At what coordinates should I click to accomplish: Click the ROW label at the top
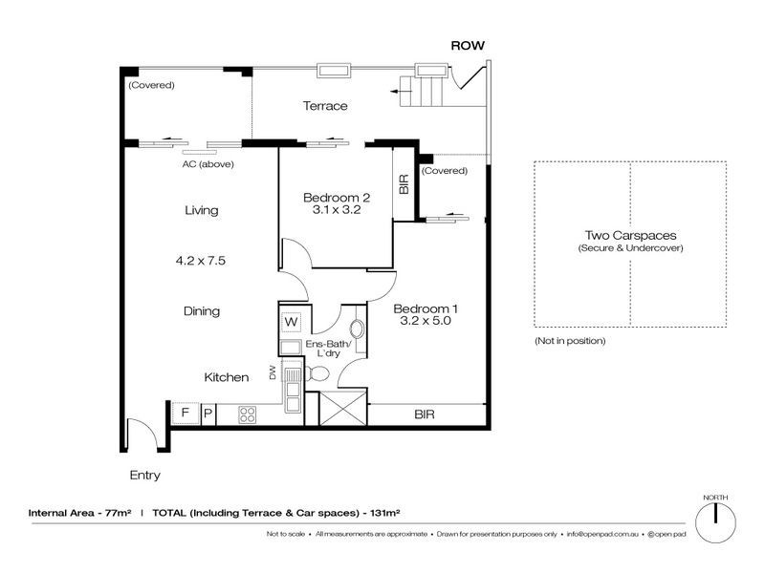click(468, 46)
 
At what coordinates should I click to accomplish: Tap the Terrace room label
click(325, 106)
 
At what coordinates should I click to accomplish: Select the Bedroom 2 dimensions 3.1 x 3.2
click(337, 210)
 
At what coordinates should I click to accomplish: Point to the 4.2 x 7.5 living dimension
click(201, 261)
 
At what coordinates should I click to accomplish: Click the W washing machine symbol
click(292, 322)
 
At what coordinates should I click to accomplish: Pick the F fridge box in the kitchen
click(186, 414)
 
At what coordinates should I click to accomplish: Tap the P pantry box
click(208, 414)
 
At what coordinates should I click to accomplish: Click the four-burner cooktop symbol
click(247, 414)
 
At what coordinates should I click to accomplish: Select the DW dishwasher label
click(273, 372)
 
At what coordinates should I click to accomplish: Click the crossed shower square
click(342, 408)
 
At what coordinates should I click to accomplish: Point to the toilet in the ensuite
click(317, 374)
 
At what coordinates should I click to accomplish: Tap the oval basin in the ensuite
click(358, 329)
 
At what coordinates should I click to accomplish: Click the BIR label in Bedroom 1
click(424, 414)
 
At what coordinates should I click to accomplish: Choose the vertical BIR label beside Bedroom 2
click(404, 184)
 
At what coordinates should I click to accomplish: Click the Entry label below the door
click(145, 475)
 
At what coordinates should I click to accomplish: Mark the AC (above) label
click(208, 164)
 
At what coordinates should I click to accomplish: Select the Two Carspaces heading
click(631, 236)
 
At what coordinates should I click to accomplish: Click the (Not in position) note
click(570, 341)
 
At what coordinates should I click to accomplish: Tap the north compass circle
click(715, 522)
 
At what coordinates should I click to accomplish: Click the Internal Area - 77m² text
click(79, 513)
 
